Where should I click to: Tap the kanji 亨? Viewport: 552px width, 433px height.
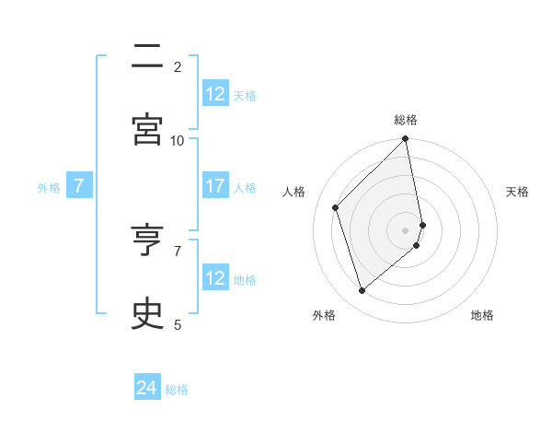[x=147, y=241]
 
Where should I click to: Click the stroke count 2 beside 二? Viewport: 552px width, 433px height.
[x=178, y=66]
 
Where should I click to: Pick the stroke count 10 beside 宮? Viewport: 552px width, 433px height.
[x=178, y=140]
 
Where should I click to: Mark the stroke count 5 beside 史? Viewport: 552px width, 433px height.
[x=178, y=324]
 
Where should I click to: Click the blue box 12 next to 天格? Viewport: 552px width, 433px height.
[x=215, y=94]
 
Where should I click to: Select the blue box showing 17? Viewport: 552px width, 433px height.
[x=215, y=186]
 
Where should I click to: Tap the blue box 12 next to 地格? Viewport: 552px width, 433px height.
[x=215, y=278]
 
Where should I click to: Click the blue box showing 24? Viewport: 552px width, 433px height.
[x=147, y=389]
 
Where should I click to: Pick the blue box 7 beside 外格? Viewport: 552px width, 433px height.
[x=79, y=186]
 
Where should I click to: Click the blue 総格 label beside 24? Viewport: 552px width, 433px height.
[x=177, y=390]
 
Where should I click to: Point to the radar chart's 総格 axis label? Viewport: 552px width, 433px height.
[x=406, y=120]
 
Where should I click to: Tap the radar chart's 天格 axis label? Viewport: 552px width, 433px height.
[x=517, y=192]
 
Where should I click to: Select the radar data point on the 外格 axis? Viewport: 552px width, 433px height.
[x=362, y=291]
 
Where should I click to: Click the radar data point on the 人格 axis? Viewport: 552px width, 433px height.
[x=336, y=207]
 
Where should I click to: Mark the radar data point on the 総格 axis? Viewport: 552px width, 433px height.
[x=406, y=140]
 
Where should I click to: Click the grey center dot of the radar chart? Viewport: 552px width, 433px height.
[x=406, y=230]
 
